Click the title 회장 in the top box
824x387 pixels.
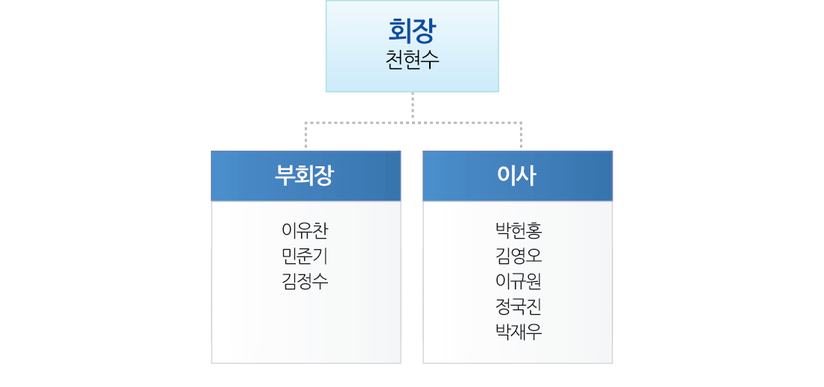(411, 31)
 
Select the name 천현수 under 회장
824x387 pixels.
(412, 60)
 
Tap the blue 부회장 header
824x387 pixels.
(306, 176)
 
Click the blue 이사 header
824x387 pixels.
(518, 176)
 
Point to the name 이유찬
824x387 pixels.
(305, 230)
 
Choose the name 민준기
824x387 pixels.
(305, 256)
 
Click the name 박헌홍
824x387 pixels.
(518, 230)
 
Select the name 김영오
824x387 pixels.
(518, 256)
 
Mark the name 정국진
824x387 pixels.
(518, 306)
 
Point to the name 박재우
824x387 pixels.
(518, 332)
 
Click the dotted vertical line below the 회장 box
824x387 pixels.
(413, 107)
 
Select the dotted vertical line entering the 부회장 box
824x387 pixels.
(306, 136)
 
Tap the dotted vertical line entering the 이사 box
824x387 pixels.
(522, 136)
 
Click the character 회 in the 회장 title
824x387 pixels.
(400, 31)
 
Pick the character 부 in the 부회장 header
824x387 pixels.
(285, 176)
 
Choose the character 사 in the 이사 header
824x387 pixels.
(527, 176)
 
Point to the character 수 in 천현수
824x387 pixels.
(431, 60)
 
